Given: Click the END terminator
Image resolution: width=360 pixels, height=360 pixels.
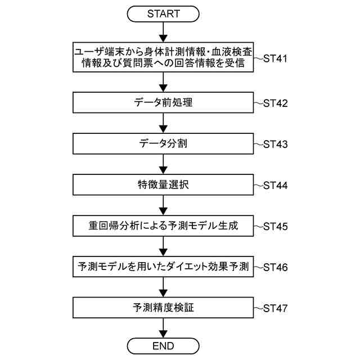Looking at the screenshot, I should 163,345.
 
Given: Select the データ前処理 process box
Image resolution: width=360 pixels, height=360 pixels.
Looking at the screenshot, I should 163,103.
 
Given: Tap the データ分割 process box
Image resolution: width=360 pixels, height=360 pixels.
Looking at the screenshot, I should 163,144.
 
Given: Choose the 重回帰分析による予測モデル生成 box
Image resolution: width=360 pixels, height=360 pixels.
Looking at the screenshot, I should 163,226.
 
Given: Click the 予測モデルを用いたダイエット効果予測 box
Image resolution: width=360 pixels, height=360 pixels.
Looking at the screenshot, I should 163,267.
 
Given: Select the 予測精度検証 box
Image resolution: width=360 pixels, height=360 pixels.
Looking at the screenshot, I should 163,308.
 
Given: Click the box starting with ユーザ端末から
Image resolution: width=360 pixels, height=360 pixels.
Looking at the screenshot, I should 163,57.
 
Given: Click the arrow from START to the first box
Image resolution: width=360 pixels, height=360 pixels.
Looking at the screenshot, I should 163,33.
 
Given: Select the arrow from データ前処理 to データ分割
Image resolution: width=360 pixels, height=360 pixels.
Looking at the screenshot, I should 163,124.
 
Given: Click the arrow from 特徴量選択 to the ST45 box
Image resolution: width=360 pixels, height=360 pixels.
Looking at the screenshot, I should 163,205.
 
